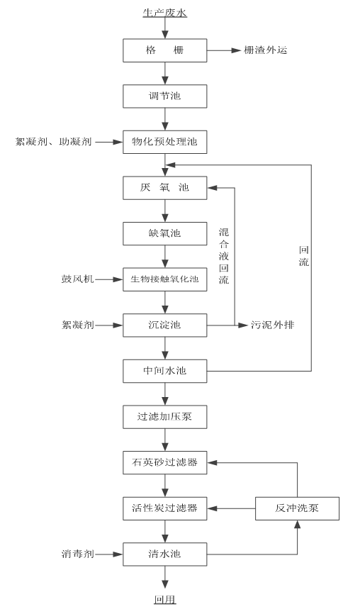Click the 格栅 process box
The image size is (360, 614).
[165, 51]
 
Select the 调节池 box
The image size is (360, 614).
[165, 95]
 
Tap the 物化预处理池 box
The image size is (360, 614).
[165, 143]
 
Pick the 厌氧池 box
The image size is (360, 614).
[165, 189]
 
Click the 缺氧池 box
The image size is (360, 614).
[165, 233]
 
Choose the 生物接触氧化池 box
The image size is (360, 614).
[165, 279]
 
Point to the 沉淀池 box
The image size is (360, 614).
[165, 325]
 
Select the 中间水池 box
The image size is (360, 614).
[165, 371]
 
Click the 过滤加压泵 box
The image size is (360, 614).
[165, 418]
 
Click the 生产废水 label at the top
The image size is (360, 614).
[166, 12]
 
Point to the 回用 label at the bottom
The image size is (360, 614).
[165, 601]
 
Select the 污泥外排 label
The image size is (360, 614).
[274, 325]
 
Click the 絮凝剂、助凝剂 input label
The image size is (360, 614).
[53, 143]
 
